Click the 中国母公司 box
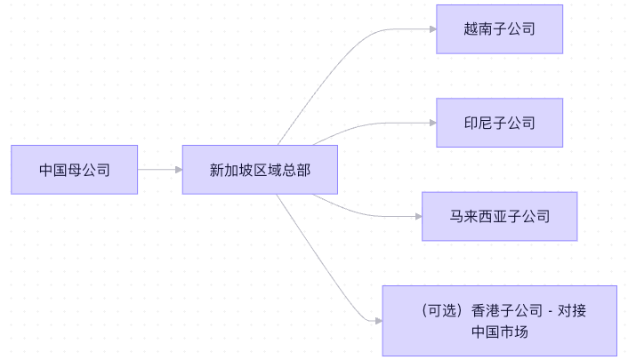click(x=75, y=169)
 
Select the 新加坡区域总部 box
click(x=260, y=169)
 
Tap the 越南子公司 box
click(x=499, y=29)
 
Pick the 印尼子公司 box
click(x=499, y=123)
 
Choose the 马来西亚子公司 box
click(x=499, y=216)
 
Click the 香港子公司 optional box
click(x=499, y=321)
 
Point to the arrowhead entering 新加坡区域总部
click(x=177, y=169)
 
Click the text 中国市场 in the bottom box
click(x=499, y=332)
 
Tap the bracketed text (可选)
click(x=439, y=311)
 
